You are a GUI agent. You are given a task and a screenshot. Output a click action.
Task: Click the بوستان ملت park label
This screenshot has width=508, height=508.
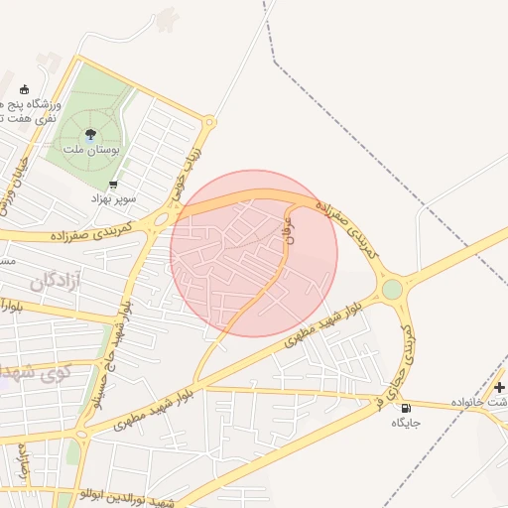pos(91,148)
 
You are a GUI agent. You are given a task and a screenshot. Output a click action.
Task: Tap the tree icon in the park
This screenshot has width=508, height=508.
pos(91,134)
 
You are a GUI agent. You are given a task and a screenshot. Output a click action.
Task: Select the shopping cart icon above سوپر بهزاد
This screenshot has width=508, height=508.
pos(113,185)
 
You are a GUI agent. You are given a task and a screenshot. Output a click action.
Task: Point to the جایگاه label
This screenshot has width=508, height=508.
pos(406,423)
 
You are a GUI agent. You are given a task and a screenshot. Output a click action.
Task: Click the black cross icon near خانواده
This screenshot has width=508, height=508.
pos(499,386)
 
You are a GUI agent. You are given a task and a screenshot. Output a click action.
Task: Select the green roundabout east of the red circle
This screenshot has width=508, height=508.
pos(393,290)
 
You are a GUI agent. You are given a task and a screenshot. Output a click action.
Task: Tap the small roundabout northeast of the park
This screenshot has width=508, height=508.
pos(208,123)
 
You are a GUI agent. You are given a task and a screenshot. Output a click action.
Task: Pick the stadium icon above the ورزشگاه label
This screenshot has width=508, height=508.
pos(25,89)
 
